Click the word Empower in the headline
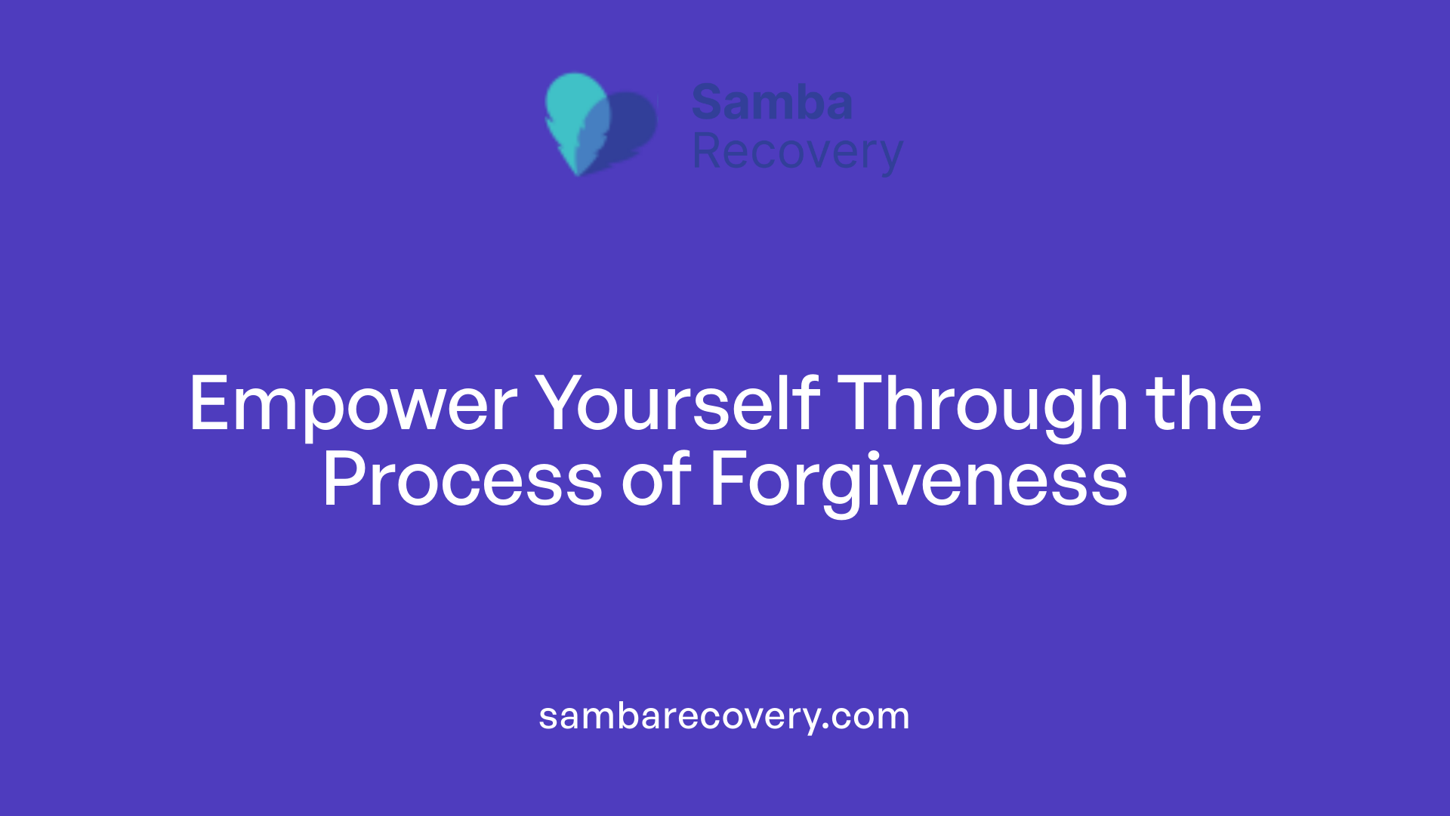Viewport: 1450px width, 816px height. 353,405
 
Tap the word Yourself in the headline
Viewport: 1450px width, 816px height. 677,405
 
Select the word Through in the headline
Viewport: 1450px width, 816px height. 983,405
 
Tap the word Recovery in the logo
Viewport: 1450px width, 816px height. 797,153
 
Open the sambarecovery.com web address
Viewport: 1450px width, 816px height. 724,716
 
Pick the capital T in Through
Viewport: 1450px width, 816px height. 864,405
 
